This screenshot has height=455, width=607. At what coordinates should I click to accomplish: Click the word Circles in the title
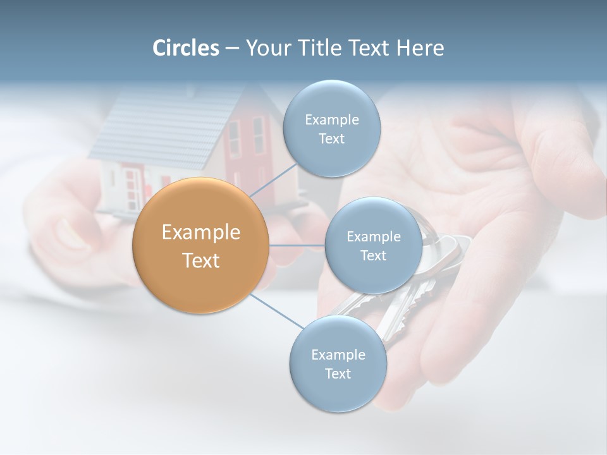[186, 48]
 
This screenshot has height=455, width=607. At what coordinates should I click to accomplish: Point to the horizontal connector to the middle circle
[297, 245]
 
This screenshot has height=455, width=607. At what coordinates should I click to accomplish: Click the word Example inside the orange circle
[200, 233]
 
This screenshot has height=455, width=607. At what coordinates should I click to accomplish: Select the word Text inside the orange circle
[200, 260]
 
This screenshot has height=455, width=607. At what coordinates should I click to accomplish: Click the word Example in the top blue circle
[331, 120]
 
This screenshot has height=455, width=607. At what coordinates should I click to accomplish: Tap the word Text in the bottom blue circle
[338, 374]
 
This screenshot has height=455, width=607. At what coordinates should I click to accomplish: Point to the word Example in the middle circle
[373, 237]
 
